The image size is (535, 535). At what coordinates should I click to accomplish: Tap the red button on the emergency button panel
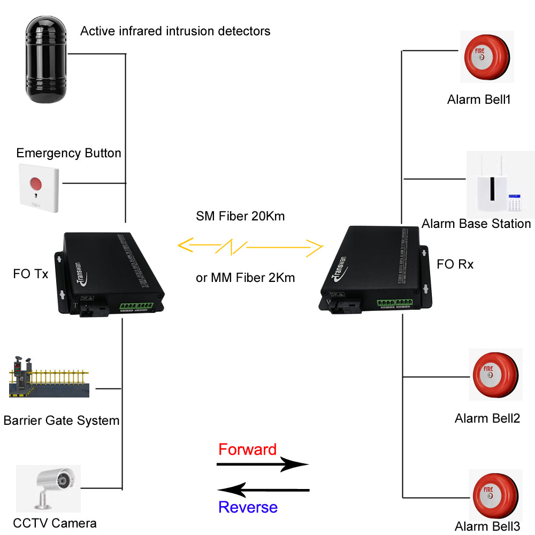pyautogui.click(x=36, y=184)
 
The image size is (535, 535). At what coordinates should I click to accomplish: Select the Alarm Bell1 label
pyautogui.click(x=479, y=100)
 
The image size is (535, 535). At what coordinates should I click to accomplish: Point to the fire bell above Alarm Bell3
pyautogui.click(x=495, y=493)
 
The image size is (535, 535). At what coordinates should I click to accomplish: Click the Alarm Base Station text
pyautogui.click(x=476, y=224)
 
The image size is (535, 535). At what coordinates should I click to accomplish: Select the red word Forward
pyautogui.click(x=247, y=449)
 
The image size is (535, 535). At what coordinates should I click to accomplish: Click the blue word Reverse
pyautogui.click(x=248, y=507)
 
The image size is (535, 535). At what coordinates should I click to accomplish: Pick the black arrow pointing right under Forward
pyautogui.click(x=262, y=464)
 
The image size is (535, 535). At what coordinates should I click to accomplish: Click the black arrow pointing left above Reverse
pyautogui.click(x=263, y=490)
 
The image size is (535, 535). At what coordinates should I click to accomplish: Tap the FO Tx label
pyautogui.click(x=30, y=274)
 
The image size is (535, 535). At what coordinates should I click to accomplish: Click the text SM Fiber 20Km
pyautogui.click(x=240, y=217)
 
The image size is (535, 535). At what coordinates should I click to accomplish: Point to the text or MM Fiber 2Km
pyautogui.click(x=245, y=278)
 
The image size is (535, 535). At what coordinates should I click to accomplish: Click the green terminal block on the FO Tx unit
pyautogui.click(x=136, y=306)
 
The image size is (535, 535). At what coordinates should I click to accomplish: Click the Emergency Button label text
pyautogui.click(x=68, y=154)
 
